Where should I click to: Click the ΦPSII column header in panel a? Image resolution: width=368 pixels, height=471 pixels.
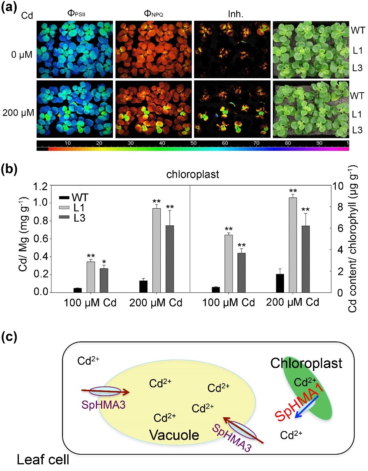pos(77,14)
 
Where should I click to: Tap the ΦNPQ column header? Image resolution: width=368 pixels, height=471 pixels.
pos(153,14)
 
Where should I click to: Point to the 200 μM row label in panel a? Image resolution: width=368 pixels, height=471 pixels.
pos(18,113)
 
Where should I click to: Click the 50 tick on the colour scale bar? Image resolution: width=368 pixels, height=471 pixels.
pos(194,143)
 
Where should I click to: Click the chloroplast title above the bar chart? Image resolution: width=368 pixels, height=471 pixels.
pos(193,174)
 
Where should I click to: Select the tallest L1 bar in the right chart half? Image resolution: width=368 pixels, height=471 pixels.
pos(293,245)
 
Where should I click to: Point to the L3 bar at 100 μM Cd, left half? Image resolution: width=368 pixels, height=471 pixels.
pos(104,280)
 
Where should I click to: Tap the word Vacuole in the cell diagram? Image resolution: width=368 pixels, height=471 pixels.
pos(174,435)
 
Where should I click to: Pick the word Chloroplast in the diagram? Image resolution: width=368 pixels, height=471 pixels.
pos(306,363)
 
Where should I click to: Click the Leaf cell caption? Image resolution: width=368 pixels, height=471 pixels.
pos(43,460)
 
